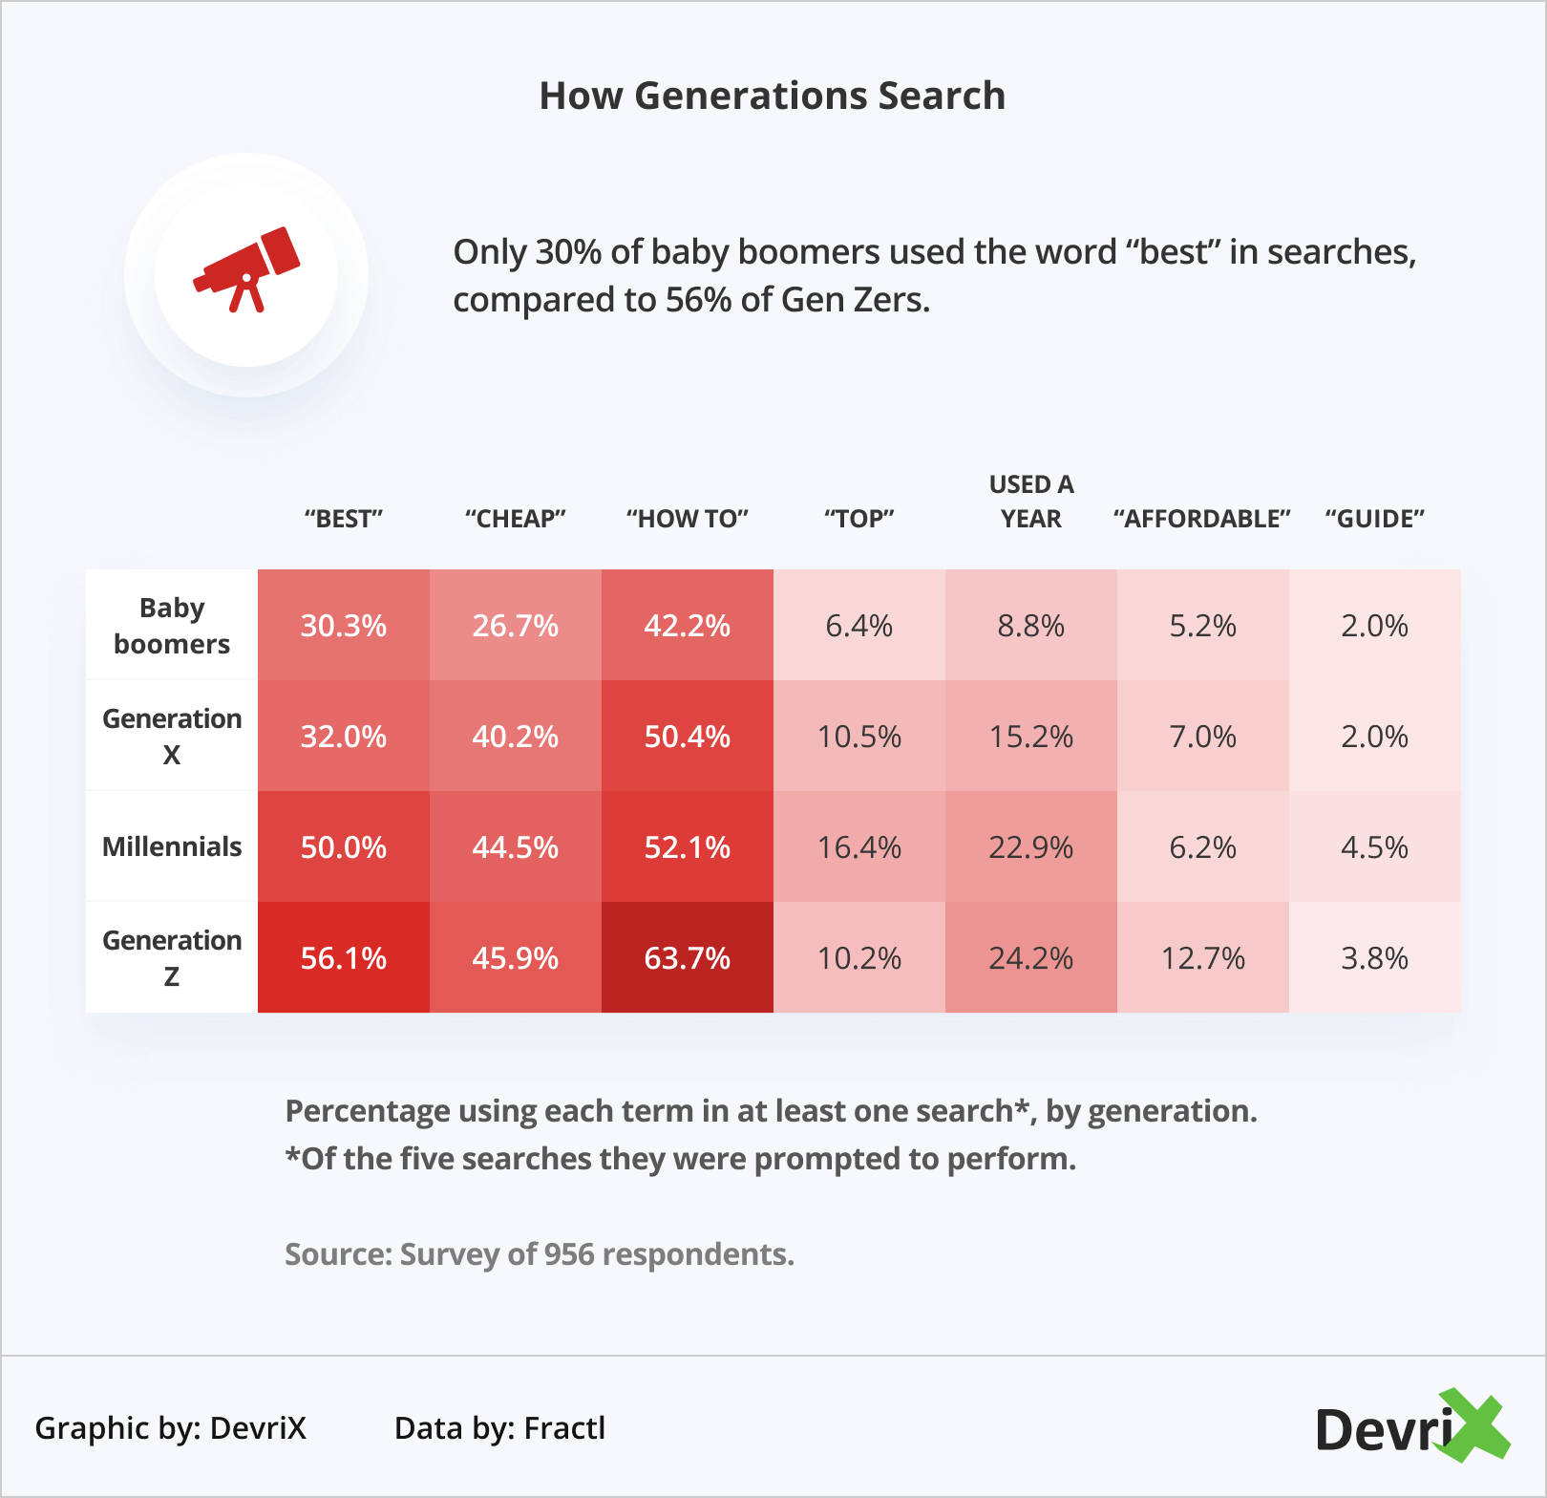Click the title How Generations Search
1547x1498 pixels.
tap(772, 96)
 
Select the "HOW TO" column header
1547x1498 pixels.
tap(688, 519)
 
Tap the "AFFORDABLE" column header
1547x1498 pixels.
tap(1202, 519)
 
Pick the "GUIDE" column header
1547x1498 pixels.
tap(1374, 519)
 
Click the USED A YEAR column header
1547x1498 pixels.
tap(1031, 502)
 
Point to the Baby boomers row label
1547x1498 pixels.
tap(172, 626)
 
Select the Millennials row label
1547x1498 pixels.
tap(172, 846)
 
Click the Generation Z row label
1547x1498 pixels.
tap(172, 957)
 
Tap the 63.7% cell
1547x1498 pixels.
tap(688, 957)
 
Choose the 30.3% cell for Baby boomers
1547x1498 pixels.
tap(344, 626)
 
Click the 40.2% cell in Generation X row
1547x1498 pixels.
tap(516, 737)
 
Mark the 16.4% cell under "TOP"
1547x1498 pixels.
tap(859, 847)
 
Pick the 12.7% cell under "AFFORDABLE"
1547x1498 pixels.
tap(1203, 957)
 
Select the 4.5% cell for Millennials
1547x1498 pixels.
tap(1375, 847)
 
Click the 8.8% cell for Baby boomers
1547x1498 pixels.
tap(1031, 626)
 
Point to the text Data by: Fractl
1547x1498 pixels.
tap(499, 1428)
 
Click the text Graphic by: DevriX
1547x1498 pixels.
tap(171, 1428)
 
